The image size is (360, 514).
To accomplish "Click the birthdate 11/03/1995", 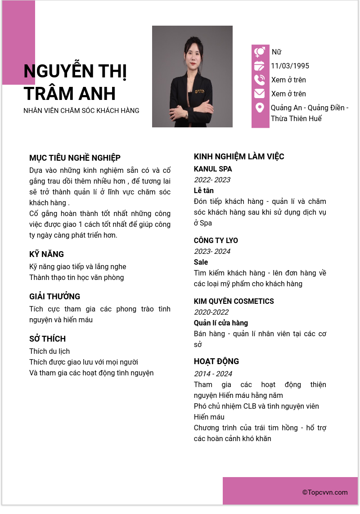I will click(x=290, y=66).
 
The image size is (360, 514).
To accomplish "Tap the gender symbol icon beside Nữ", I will click(x=259, y=52).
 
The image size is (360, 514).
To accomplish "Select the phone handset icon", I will click(x=259, y=80).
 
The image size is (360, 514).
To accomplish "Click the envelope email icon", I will click(x=259, y=94).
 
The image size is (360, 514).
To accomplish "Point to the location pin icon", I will click(x=259, y=108).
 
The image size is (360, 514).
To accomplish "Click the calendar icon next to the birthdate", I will click(x=259, y=66).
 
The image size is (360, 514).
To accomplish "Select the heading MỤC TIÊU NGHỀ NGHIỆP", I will click(x=75, y=158).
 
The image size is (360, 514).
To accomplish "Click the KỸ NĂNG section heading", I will click(x=46, y=254).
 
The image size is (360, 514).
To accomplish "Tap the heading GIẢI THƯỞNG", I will click(x=54, y=296).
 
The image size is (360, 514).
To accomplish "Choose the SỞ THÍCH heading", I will click(x=47, y=338).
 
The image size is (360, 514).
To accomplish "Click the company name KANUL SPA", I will click(x=213, y=169).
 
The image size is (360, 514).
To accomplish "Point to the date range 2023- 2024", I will click(x=212, y=251).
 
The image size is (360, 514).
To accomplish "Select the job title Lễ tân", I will click(x=204, y=190).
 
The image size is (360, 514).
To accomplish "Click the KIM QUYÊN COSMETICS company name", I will click(x=234, y=301).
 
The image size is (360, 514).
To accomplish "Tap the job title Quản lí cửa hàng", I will click(x=220, y=323).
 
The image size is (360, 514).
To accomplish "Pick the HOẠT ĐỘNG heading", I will click(x=216, y=361).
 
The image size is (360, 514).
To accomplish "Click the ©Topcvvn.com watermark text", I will click(x=325, y=492).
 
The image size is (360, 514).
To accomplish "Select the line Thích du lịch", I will click(x=49, y=351).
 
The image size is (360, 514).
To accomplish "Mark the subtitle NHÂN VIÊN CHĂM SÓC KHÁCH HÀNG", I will click(x=81, y=110).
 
